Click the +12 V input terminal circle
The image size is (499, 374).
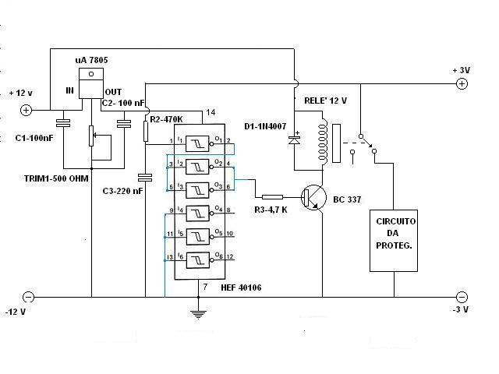coord(26,110)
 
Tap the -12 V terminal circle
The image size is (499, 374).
coord(28,296)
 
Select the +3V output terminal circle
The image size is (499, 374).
coord(462,84)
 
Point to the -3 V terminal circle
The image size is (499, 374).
coord(462,296)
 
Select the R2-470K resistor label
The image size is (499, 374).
coord(165,119)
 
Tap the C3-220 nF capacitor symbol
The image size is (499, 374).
coord(146,176)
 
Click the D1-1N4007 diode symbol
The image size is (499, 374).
coord(296,140)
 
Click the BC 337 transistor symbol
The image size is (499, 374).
coord(317,199)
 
